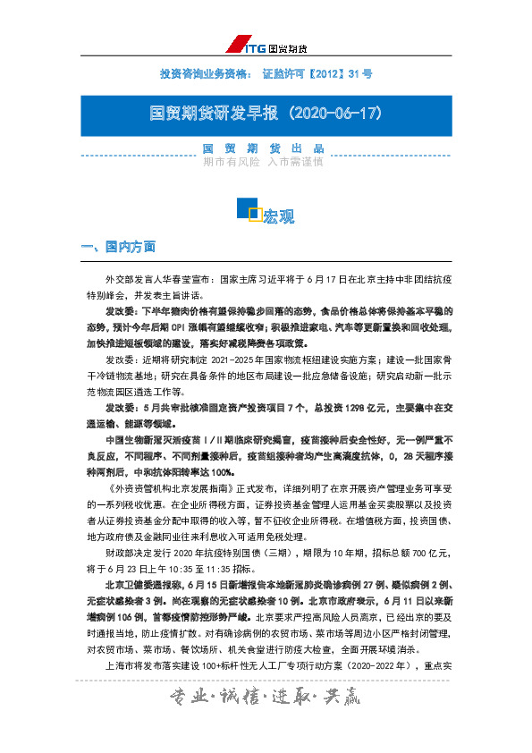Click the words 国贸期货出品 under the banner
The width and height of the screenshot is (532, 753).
click(x=262, y=148)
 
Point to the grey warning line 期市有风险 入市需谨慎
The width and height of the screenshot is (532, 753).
click(x=263, y=163)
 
